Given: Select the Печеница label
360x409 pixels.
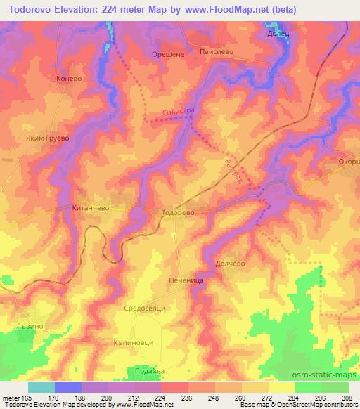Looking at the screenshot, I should [x=186, y=280].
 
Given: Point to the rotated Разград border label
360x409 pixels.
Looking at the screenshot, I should [x=233, y=170].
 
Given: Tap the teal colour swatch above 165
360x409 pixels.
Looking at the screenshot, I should [x=41, y=387].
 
